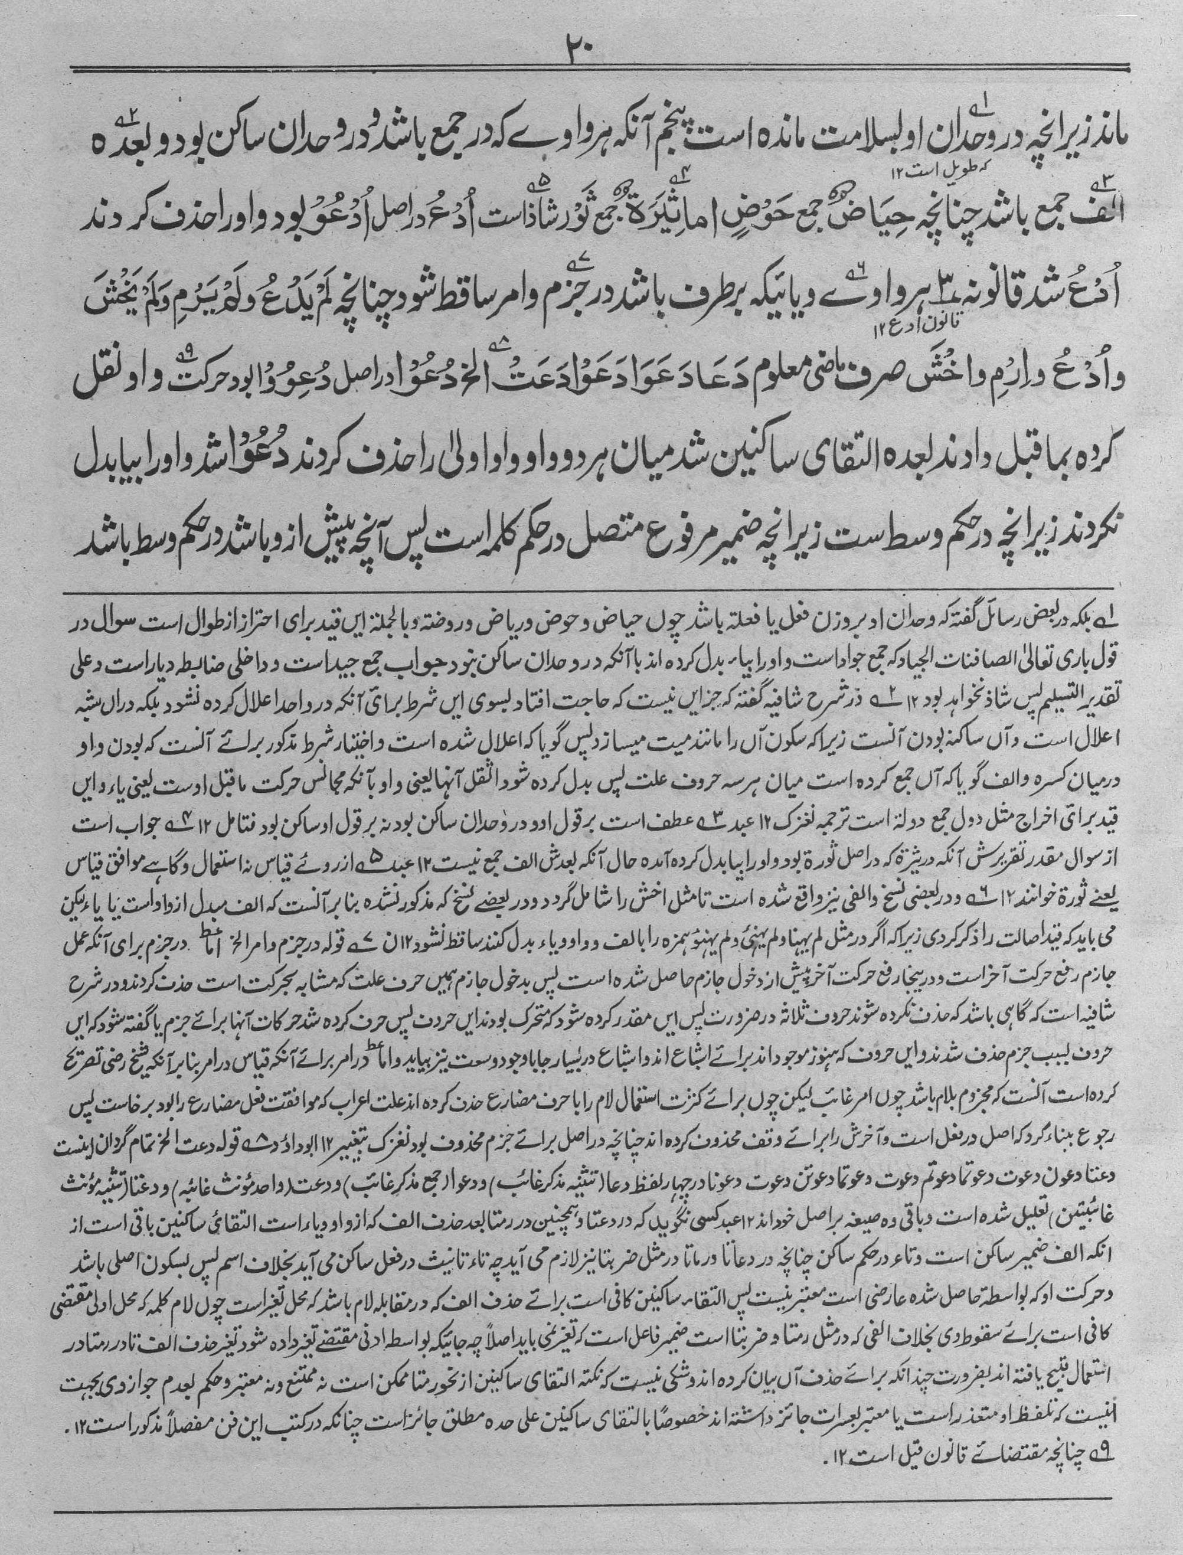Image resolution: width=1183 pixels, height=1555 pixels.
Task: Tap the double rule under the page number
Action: (x=591, y=69)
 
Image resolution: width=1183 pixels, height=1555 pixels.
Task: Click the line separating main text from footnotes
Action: (x=591, y=587)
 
